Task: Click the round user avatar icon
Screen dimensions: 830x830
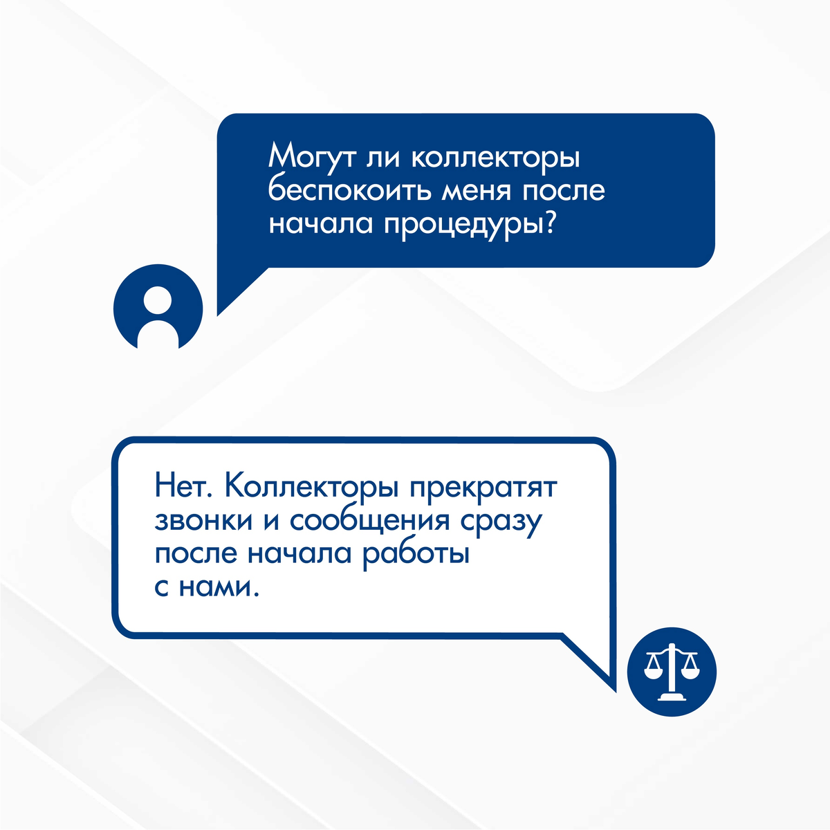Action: [158, 306]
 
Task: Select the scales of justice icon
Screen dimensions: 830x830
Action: [671, 672]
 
